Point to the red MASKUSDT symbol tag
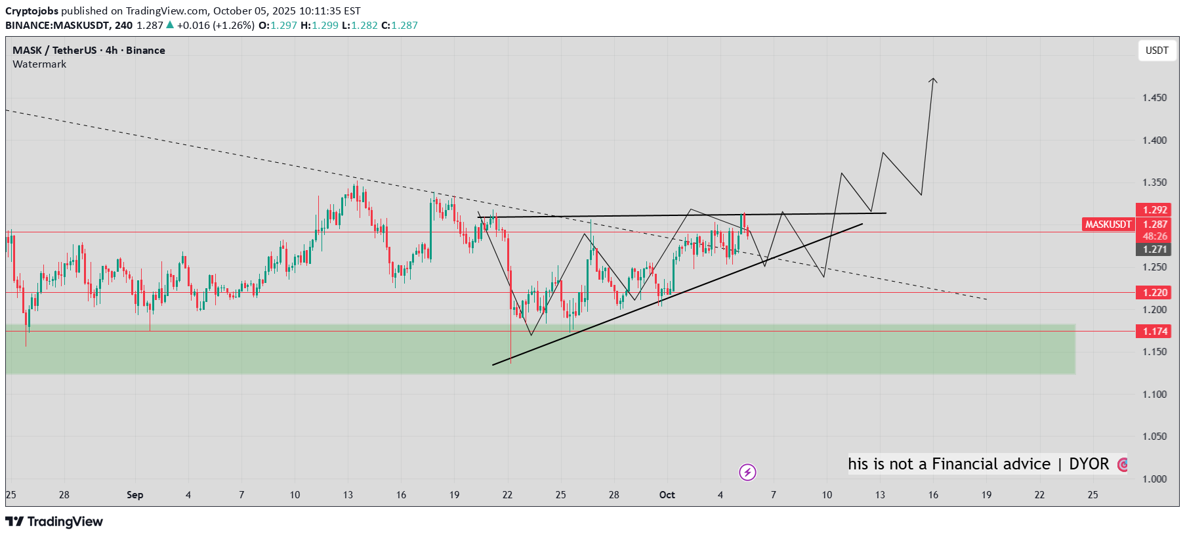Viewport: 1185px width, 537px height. pos(1108,225)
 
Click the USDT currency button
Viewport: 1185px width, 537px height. pos(1157,51)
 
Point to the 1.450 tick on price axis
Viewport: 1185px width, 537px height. pos(1154,98)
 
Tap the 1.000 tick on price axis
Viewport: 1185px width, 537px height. pos(1154,479)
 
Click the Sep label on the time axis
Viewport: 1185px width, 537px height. pos(135,495)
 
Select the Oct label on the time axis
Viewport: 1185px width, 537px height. pos(667,495)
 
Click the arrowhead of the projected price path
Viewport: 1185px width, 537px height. pos(933,80)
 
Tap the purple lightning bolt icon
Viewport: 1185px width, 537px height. pos(747,472)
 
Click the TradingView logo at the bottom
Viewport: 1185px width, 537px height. pos(54,522)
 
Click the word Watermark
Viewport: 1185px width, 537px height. pos(39,64)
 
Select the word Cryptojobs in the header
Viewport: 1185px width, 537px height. pos(31,11)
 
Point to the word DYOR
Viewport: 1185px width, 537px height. pos(1089,464)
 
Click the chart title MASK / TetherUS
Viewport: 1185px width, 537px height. pos(54,51)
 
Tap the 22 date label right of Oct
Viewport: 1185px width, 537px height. pos(1039,495)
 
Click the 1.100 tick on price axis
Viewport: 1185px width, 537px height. pos(1154,395)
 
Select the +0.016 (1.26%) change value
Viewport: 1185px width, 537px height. pos(215,26)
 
